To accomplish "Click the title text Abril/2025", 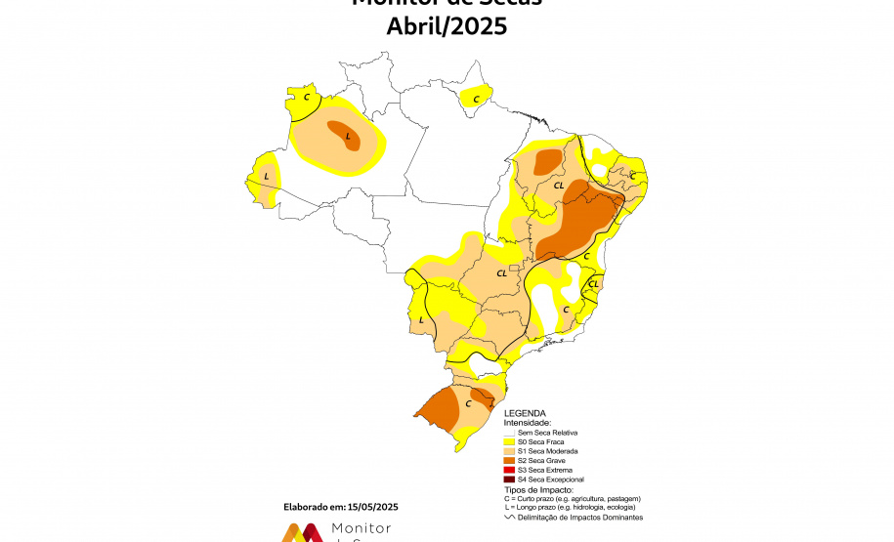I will (x=447, y=26).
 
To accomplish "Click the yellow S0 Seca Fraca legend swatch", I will (x=508, y=441).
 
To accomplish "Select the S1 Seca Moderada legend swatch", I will (x=508, y=451).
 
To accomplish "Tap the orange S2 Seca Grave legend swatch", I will (x=508, y=460).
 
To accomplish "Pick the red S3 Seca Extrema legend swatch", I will (x=508, y=470).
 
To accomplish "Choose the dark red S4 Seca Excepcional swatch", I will (x=508, y=479).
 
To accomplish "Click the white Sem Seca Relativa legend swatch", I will (x=508, y=432).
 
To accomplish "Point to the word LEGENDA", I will (x=524, y=413).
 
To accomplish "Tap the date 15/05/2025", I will (x=374, y=507).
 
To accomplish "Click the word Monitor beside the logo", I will (x=362, y=528).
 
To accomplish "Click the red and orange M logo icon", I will (x=303, y=532).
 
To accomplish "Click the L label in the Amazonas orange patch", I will (x=347, y=137).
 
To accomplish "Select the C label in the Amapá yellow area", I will (x=476, y=99).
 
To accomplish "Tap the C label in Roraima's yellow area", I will (x=306, y=97).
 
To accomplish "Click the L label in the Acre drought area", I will (x=267, y=177).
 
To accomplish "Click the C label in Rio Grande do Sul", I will (x=468, y=402).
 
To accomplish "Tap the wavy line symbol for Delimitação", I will (x=508, y=518).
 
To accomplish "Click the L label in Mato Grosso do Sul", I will (x=422, y=319).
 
